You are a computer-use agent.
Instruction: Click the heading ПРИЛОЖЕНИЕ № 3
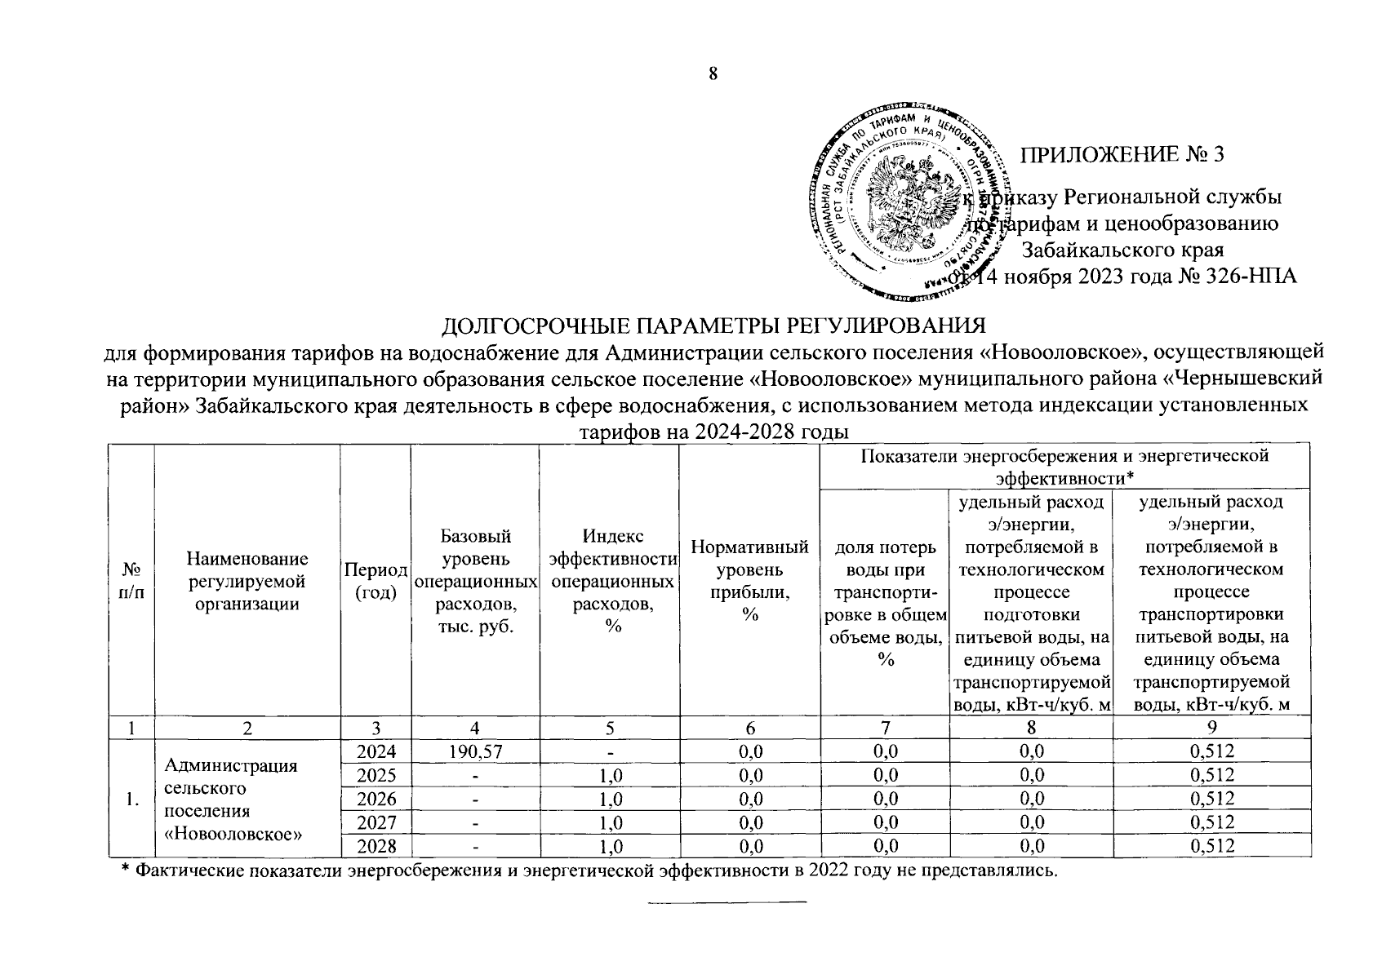click(1124, 155)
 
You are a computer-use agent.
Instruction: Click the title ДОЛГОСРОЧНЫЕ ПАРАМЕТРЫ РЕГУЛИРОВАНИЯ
click(713, 326)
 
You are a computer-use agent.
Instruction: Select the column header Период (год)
click(375, 580)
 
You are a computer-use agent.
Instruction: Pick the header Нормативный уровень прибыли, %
click(749, 580)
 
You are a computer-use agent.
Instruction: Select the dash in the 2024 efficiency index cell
click(608, 751)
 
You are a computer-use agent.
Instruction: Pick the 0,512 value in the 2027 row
click(1211, 822)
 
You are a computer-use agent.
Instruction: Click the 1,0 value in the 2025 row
click(608, 775)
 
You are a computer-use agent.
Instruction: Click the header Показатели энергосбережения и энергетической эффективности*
click(1064, 466)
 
